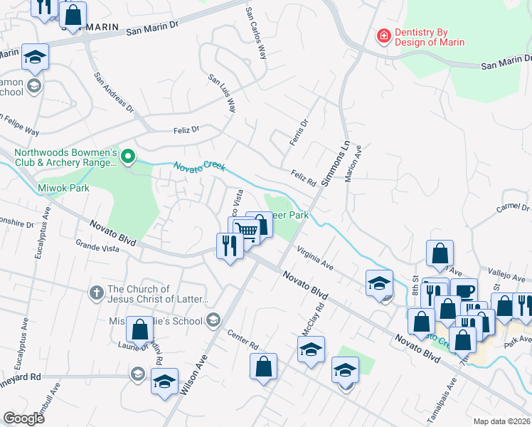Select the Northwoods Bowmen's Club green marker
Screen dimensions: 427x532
[128, 157]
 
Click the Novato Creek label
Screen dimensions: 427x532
[200, 167]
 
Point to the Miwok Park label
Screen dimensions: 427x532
[63, 189]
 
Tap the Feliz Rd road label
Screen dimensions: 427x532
[303, 176]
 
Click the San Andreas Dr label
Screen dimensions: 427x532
[115, 92]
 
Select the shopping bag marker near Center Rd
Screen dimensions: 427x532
[263, 367]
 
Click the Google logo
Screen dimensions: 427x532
[23, 418]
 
